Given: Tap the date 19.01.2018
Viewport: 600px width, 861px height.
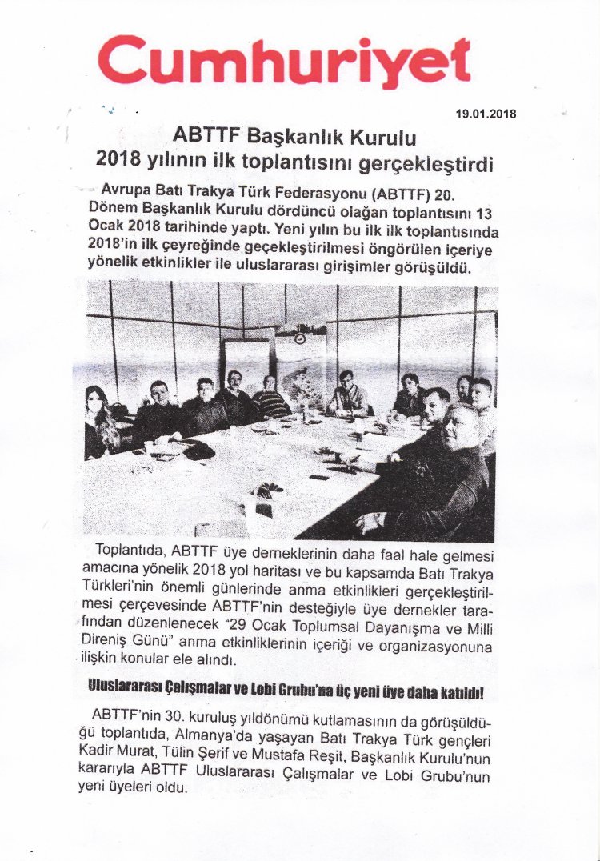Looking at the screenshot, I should (485, 114).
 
